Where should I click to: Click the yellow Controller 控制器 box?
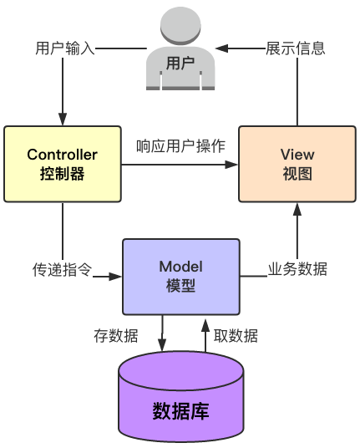pyautogui.click(x=63, y=164)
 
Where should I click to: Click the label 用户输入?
pyautogui.click(x=66, y=48)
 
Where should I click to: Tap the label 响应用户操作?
pyautogui.click(x=180, y=147)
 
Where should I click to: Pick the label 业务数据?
pyautogui.click(x=297, y=269)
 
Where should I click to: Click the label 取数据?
pyautogui.click(x=236, y=336)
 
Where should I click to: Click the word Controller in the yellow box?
pyautogui.click(x=63, y=155)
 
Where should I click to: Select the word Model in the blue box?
pyautogui.click(x=181, y=265)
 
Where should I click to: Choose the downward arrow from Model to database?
pyautogui.click(x=163, y=339)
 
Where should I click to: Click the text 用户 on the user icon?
pyautogui.click(x=180, y=63)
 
